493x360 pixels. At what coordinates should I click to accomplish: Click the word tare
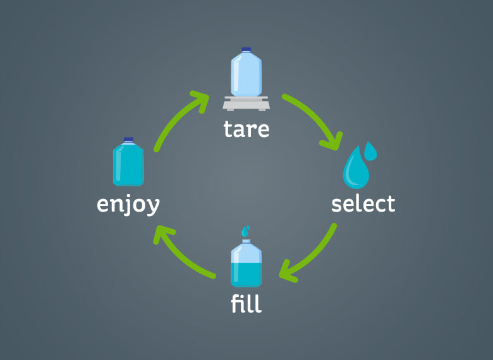pyautogui.click(x=246, y=129)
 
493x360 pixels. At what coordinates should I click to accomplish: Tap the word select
pyautogui.click(x=363, y=204)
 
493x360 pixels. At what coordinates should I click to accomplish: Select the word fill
pyautogui.click(x=246, y=304)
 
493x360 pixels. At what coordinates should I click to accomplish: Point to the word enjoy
pyautogui.click(x=128, y=205)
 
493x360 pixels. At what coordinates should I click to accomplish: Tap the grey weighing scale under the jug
pyautogui.click(x=246, y=103)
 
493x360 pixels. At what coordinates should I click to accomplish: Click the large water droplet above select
pyautogui.click(x=355, y=169)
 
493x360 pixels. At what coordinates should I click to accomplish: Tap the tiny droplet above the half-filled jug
pyautogui.click(x=245, y=231)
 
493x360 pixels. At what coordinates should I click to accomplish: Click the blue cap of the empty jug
pyautogui.click(x=246, y=49)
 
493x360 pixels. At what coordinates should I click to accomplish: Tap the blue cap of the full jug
pyautogui.click(x=128, y=139)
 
